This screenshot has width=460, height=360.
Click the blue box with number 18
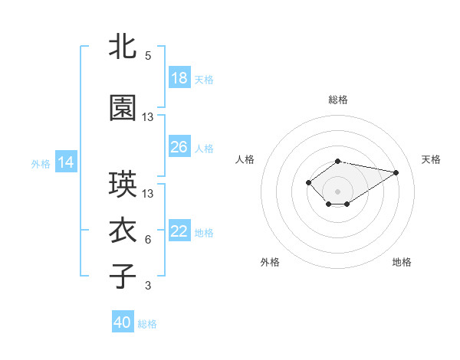pyautogui.click(x=179, y=78)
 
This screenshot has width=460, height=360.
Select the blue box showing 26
pyautogui.click(x=179, y=147)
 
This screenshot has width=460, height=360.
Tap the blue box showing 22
pyautogui.click(x=179, y=231)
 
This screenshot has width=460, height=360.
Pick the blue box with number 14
pyautogui.click(x=66, y=162)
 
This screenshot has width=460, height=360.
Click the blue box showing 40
pyautogui.click(x=123, y=322)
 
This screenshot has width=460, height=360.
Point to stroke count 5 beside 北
pyautogui.click(x=148, y=56)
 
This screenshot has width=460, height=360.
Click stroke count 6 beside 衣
pyautogui.click(x=148, y=240)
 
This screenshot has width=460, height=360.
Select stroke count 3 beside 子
pyautogui.click(x=148, y=286)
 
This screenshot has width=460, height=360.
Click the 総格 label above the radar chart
pyautogui.click(x=337, y=100)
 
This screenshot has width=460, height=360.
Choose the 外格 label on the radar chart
pyautogui.click(x=270, y=262)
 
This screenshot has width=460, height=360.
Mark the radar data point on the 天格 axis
pyautogui.click(x=396, y=172)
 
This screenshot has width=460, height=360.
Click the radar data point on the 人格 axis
pyautogui.click(x=308, y=182)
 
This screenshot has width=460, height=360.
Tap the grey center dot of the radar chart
pyautogui.click(x=337, y=191)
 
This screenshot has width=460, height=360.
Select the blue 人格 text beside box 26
pyautogui.click(x=204, y=148)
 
